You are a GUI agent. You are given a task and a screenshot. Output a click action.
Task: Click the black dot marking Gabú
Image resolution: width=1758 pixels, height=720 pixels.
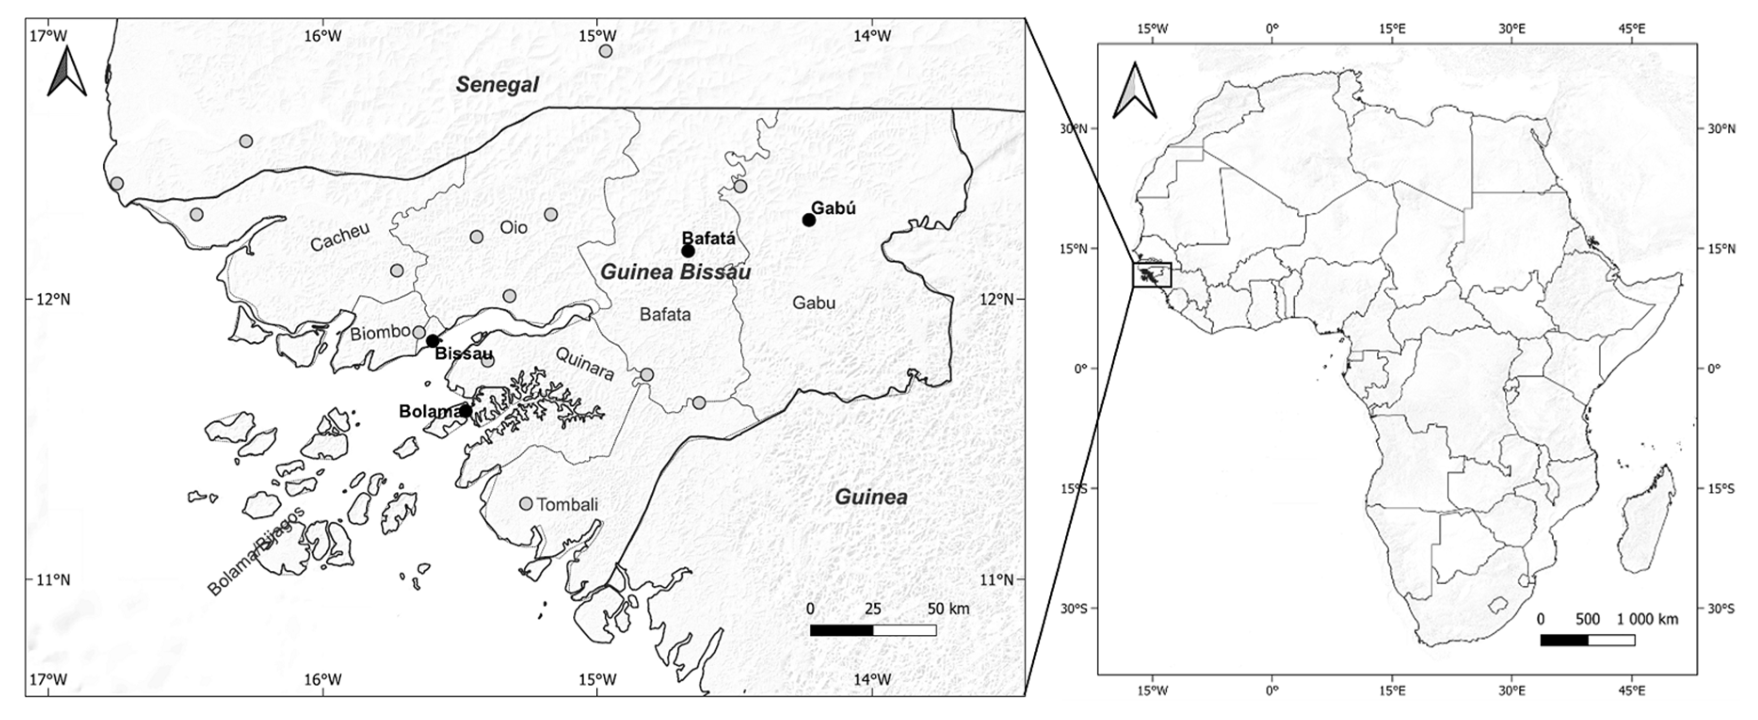point(808,220)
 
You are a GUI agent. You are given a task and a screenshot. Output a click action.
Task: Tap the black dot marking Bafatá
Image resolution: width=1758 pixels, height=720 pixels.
point(688,251)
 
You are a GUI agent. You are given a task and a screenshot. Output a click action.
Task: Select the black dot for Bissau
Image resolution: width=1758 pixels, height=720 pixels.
point(432,341)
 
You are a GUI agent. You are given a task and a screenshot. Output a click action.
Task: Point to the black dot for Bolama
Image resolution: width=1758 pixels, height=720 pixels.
point(465,411)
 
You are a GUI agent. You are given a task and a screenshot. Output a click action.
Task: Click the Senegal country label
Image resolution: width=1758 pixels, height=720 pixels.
point(497,85)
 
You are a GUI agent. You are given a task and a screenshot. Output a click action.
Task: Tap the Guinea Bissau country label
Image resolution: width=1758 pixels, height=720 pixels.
point(675,272)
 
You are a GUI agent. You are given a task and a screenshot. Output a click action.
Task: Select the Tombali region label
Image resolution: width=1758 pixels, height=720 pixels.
point(567,504)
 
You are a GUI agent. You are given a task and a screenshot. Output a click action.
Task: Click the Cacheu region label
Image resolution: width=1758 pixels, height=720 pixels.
point(339,237)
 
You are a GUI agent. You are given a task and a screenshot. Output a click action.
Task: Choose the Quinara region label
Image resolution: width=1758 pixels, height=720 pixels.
point(585,364)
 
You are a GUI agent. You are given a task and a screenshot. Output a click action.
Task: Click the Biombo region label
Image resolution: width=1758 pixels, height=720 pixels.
point(380,334)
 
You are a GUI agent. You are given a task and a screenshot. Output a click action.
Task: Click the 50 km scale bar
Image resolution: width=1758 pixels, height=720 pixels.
point(873,629)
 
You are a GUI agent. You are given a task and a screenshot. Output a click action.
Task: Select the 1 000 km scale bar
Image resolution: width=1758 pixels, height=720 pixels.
point(1587,639)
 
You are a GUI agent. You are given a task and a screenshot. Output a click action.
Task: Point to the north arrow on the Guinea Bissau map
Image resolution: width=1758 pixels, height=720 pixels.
point(67,71)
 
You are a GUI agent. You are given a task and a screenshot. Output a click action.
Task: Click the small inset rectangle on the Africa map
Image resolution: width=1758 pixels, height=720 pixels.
point(1151,275)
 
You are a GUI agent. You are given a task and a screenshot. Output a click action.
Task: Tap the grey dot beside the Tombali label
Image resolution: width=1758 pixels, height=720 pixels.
point(525,504)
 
